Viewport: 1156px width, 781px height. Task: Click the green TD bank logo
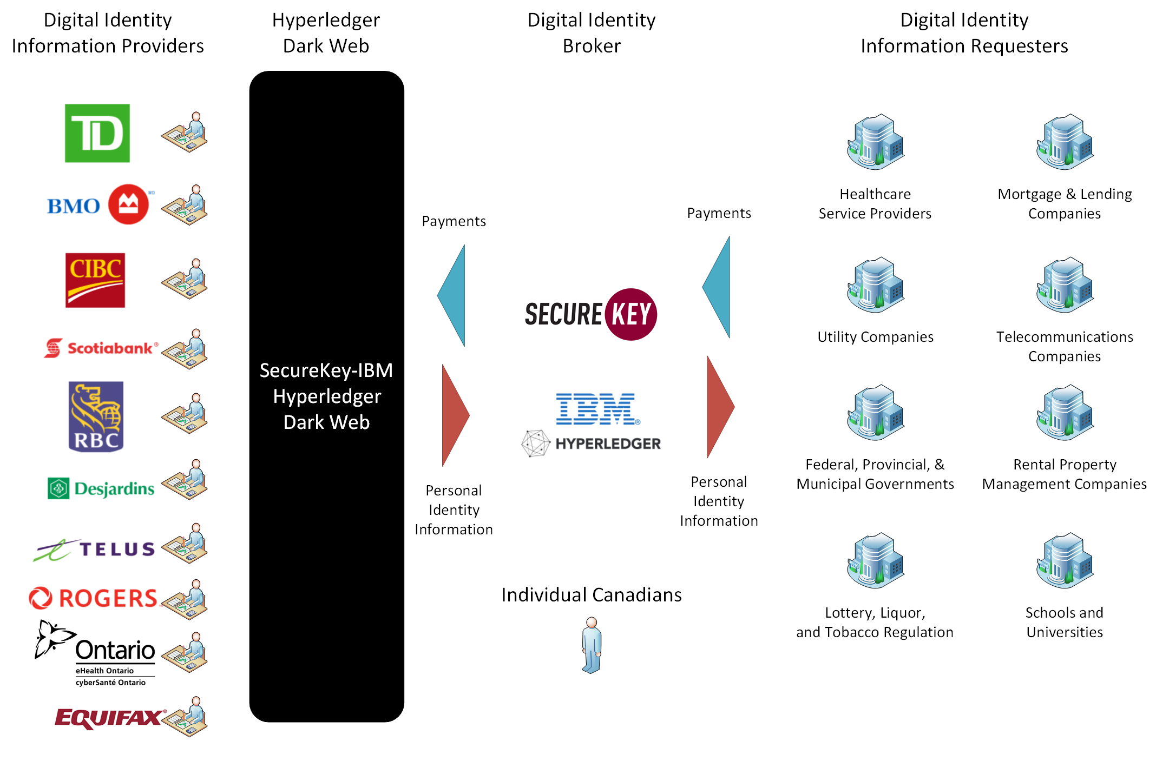(x=97, y=133)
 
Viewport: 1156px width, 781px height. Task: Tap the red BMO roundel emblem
(x=128, y=204)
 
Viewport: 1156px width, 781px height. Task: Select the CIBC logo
(x=95, y=280)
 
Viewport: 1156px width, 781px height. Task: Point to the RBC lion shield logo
(x=96, y=416)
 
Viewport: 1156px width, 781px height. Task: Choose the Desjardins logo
(x=101, y=488)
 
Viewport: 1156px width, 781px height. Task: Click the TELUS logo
(x=95, y=550)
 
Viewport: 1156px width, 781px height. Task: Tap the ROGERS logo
(x=94, y=598)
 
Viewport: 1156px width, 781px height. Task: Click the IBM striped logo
(x=596, y=409)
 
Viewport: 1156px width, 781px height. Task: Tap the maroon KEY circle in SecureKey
(x=631, y=314)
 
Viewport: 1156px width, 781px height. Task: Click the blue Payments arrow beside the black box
(x=452, y=295)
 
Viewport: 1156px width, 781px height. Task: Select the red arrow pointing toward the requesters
(x=720, y=407)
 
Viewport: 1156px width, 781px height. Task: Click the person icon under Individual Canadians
(x=592, y=645)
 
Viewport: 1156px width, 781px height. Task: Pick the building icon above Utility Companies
(x=875, y=285)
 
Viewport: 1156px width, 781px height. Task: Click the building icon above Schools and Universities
(x=1065, y=560)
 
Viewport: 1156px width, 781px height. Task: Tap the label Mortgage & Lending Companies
(x=1065, y=203)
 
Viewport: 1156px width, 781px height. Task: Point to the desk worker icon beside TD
(x=185, y=133)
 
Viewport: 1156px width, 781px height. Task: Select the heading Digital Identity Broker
(x=591, y=33)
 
